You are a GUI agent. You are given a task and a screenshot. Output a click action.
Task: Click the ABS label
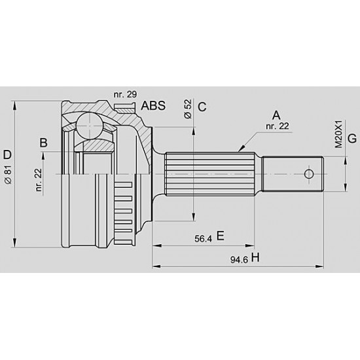click(x=153, y=105)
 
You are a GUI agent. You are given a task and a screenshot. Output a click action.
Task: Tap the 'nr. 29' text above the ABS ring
click(x=125, y=94)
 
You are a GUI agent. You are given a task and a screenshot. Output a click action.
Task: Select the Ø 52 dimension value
click(x=188, y=109)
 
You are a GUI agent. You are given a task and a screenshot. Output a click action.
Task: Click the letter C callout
click(x=202, y=107)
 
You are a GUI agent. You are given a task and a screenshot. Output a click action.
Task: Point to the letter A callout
click(x=276, y=115)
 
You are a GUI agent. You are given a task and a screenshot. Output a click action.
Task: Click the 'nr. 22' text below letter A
click(x=278, y=126)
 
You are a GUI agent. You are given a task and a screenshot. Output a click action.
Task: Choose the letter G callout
click(x=352, y=139)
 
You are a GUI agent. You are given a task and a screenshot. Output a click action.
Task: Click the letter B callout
click(x=44, y=143)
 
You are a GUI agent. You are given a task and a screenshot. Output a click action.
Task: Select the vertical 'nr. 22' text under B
click(x=39, y=180)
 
